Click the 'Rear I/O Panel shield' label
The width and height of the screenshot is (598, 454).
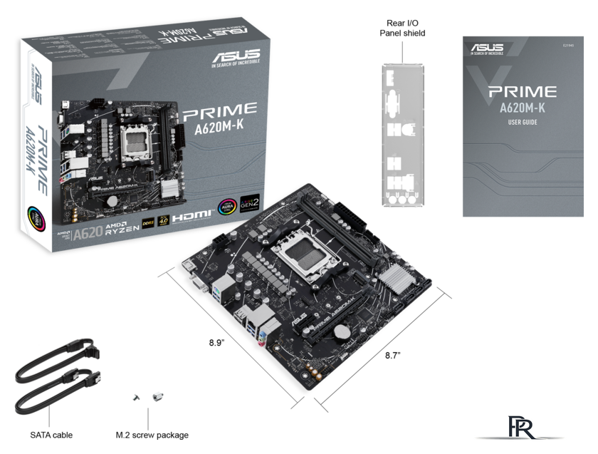402,27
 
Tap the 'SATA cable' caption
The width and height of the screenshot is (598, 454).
51,435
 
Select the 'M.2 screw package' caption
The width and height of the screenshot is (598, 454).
152,435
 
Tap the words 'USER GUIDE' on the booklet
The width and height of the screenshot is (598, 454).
523,123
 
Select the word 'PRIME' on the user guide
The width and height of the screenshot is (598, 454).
523,92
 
